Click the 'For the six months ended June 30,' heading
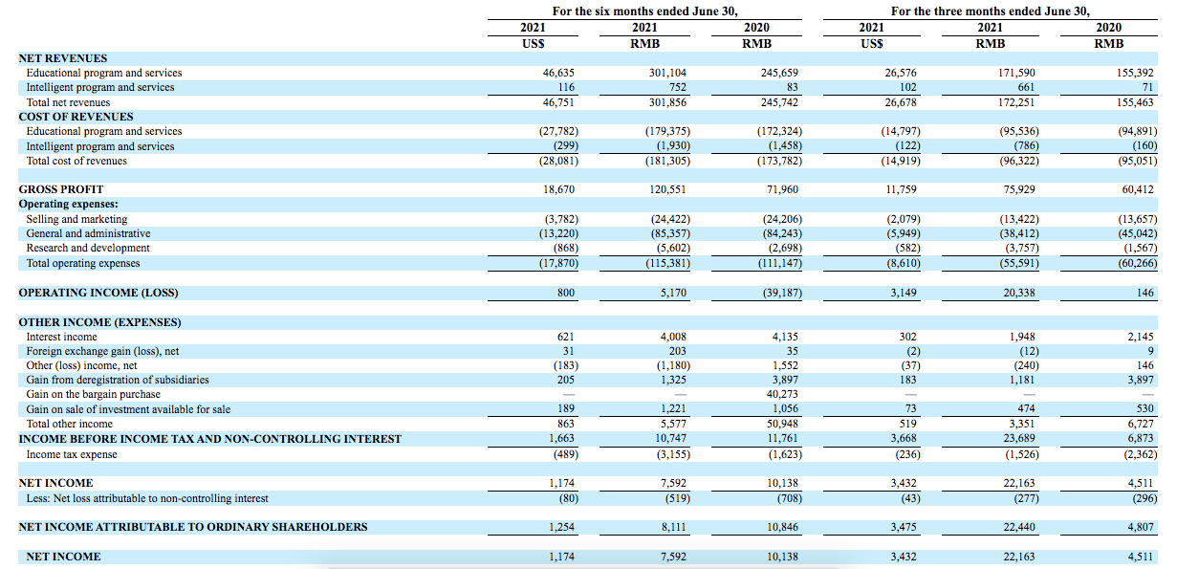point(644,11)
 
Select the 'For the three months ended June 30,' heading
point(990,11)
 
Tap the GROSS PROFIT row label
point(61,189)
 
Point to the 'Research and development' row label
point(88,248)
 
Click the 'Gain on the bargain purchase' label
point(93,394)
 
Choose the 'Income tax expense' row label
point(72,454)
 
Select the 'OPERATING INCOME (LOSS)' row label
point(98,293)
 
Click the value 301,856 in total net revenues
point(667,102)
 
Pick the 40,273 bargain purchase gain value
point(782,394)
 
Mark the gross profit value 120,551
point(667,189)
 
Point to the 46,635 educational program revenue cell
point(558,73)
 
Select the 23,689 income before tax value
point(1019,438)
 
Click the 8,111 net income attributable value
point(673,527)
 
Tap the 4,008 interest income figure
point(673,337)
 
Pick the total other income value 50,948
point(782,424)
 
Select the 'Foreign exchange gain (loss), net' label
point(102,351)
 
